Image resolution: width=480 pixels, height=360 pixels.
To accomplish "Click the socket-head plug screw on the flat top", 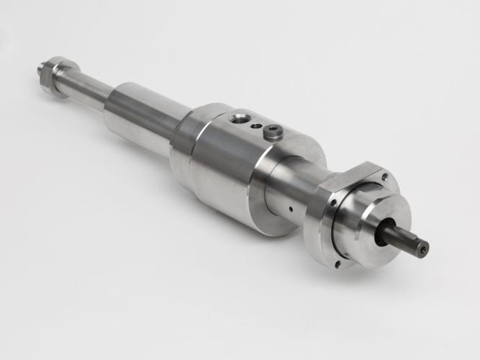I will pos(272,131).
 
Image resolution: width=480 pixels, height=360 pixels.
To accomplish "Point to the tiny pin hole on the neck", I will pos(289,210).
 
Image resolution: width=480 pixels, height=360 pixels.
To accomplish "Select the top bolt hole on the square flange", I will pos(385,176).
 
